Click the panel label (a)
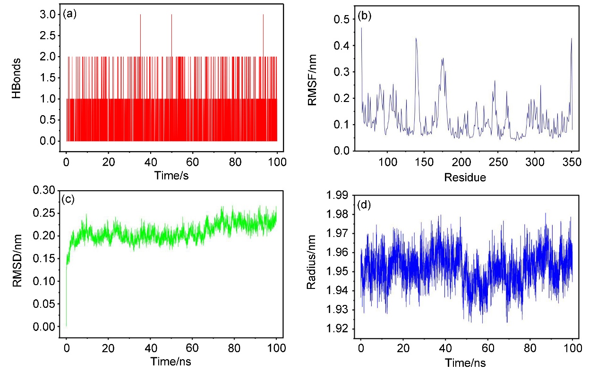click(70, 14)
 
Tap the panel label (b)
click(365, 16)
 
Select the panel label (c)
click(68, 199)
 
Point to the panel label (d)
click(364, 205)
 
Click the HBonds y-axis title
click(17, 78)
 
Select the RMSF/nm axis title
click(312, 80)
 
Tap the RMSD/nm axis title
click(17, 261)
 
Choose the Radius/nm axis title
click(311, 262)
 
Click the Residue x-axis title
click(465, 178)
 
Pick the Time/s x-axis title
click(171, 175)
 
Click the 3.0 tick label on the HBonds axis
click(48, 15)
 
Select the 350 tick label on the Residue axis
click(572, 162)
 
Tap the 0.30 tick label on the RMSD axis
click(44, 190)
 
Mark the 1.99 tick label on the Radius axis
click(337, 195)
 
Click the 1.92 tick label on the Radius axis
click(337, 329)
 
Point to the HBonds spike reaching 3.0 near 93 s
click(263, 35)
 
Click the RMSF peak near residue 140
click(416, 38)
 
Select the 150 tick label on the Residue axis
click(424, 162)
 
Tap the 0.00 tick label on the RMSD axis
click(44, 327)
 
